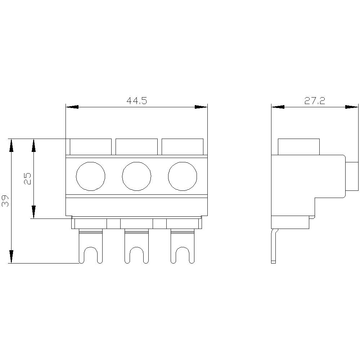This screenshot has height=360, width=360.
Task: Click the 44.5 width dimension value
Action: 137,101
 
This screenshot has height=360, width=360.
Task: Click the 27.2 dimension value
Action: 315,101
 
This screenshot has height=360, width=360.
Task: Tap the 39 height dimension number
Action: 5,201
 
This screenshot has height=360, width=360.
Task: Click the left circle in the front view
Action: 91,176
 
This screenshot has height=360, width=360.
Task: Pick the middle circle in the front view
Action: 136,176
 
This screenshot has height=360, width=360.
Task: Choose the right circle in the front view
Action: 183,176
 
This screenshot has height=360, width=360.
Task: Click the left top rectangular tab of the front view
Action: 90,147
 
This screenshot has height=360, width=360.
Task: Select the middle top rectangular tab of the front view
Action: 136,147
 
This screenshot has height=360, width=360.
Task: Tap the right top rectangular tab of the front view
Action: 183,147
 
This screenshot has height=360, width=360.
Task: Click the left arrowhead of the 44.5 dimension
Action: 72,107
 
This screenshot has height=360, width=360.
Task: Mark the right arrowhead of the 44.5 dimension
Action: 201,107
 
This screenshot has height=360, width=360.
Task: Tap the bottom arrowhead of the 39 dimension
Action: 12,257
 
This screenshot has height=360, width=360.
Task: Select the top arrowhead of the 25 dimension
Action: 34,145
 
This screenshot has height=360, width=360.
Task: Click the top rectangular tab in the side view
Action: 299,147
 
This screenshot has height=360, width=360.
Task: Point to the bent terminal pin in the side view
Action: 274,247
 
